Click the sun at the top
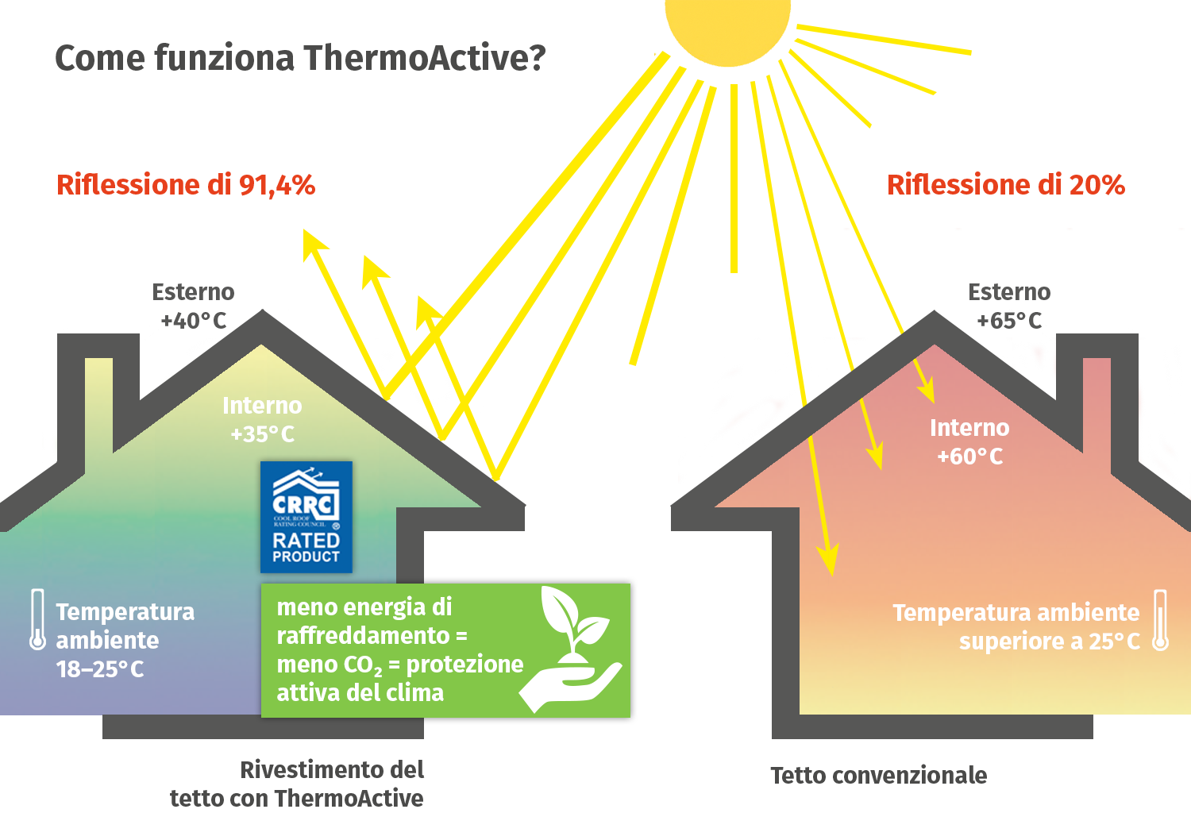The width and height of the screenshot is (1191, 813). tap(728, 24)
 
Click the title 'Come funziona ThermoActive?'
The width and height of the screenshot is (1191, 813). tap(300, 58)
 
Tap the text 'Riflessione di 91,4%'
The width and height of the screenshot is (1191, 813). tap(186, 185)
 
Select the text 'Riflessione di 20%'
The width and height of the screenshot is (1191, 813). tap(1005, 185)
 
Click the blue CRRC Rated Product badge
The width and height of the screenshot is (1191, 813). tap(306, 517)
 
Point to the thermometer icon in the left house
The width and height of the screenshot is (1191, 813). tap(37, 620)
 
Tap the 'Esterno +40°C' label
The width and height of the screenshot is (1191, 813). tap(194, 306)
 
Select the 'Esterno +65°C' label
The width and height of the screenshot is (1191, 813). tap(1009, 306)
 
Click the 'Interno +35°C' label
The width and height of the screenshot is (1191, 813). tap(262, 420)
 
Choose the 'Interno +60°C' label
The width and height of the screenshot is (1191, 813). tap(969, 442)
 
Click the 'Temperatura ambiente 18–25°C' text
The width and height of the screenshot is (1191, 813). tap(125, 640)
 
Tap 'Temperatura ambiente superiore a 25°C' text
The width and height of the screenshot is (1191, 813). tap(1016, 626)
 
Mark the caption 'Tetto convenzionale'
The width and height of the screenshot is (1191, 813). tap(878, 776)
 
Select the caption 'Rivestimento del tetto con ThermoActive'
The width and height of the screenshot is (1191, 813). tap(297, 784)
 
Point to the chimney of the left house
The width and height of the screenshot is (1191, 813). tap(98, 397)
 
